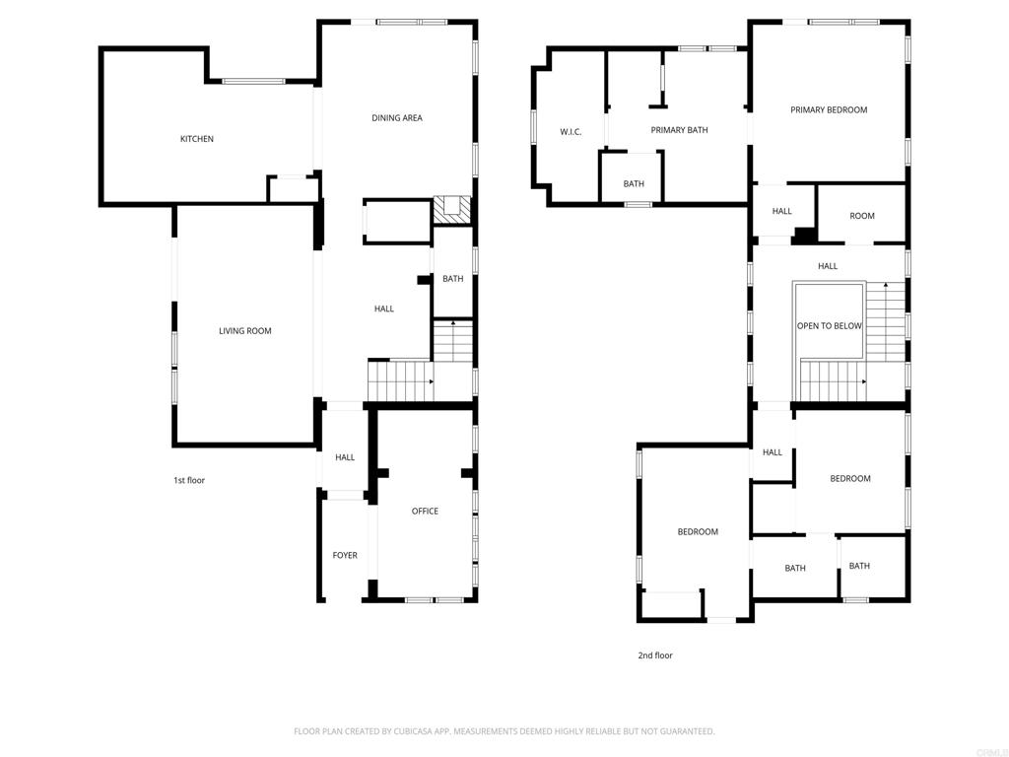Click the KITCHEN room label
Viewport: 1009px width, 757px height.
pos(196,139)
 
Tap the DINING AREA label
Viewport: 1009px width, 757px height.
pos(397,118)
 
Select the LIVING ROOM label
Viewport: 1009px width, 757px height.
pos(244,331)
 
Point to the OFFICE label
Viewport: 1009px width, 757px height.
pos(425,511)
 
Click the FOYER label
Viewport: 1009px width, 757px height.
pos(345,555)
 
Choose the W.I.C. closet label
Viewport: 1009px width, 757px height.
pos(571,131)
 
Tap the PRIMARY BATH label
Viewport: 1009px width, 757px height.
pos(679,130)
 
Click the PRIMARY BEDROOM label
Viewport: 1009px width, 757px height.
pos(829,109)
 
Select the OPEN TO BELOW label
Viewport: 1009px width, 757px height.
pos(829,326)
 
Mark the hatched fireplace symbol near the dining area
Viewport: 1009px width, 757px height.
pos(452,208)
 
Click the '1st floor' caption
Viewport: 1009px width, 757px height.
pos(189,480)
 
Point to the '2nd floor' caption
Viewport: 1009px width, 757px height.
pos(655,655)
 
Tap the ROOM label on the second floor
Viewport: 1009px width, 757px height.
pos(862,216)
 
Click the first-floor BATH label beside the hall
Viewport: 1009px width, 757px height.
pos(452,279)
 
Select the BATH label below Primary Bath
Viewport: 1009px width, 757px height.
pos(634,184)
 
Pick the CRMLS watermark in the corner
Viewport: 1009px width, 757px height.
pos(988,748)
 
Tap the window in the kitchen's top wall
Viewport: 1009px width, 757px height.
pos(253,81)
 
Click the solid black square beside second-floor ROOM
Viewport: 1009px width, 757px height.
pos(805,235)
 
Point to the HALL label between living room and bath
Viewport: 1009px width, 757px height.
pos(384,309)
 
